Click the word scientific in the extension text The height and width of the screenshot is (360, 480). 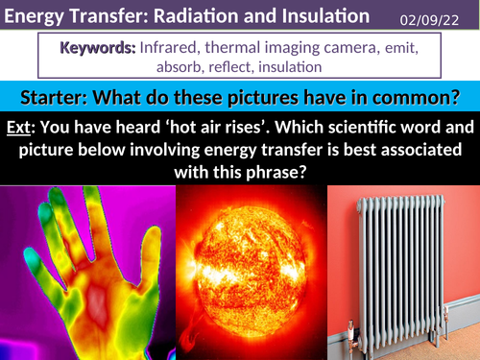pyautogui.click(x=339, y=127)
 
